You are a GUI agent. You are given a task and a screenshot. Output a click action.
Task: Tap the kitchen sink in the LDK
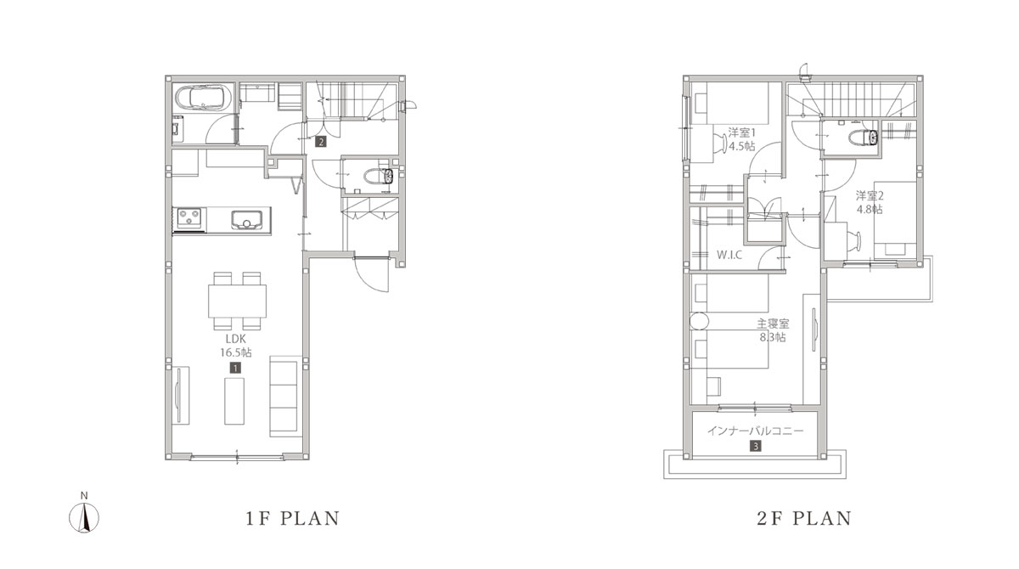click(x=246, y=220)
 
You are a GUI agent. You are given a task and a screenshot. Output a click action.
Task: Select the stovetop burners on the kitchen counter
click(x=189, y=218)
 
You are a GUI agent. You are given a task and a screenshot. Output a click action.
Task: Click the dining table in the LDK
click(x=238, y=301)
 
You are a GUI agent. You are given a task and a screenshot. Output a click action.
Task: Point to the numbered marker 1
click(x=235, y=368)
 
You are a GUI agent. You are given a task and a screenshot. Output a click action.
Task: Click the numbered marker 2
click(x=321, y=142)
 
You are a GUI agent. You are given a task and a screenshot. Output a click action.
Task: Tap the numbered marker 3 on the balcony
click(x=755, y=446)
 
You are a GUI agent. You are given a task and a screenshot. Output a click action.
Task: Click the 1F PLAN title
click(x=292, y=519)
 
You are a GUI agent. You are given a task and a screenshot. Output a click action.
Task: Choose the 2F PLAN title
click(x=804, y=519)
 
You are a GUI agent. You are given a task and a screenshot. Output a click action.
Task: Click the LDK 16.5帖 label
click(x=236, y=345)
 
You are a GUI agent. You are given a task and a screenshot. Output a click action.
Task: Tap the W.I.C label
click(x=729, y=255)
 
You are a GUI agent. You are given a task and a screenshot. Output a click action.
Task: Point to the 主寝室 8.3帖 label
click(x=773, y=330)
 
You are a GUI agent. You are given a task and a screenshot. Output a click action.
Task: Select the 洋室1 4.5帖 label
click(x=741, y=139)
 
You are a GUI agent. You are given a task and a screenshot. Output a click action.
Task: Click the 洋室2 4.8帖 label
click(x=870, y=202)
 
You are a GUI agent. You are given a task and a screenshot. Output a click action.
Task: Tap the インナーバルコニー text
click(x=756, y=431)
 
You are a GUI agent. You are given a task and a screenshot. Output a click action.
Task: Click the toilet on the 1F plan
click(x=379, y=176)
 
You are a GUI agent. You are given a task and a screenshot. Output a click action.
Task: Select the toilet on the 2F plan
click(x=864, y=138)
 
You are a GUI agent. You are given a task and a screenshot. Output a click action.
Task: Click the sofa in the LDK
click(x=285, y=396)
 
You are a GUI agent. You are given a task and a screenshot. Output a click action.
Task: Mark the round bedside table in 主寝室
click(x=699, y=321)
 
